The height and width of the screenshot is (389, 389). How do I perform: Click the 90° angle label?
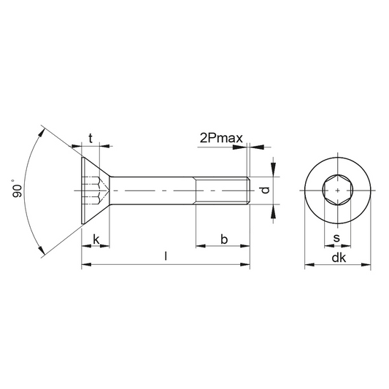[x=17, y=188]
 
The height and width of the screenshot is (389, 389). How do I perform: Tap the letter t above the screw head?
[x=90, y=138]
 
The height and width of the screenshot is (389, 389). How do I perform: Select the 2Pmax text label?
[x=221, y=138]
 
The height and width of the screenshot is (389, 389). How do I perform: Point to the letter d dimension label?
[x=266, y=190]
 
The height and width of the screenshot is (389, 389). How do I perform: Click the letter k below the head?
[x=96, y=239]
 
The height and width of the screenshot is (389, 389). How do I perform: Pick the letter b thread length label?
[x=224, y=239]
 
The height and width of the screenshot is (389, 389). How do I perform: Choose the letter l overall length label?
[x=166, y=256]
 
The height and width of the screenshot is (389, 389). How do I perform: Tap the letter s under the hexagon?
[x=336, y=238]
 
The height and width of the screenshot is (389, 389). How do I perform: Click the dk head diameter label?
[x=339, y=258]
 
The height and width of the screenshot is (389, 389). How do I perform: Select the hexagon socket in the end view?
[x=338, y=190]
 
